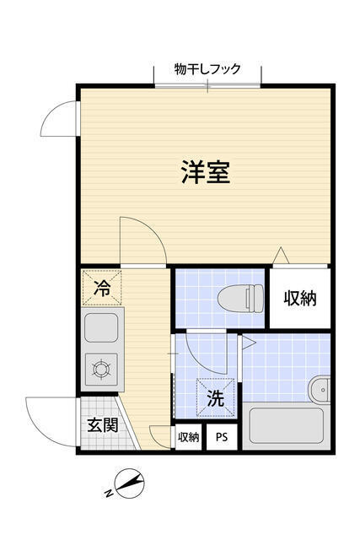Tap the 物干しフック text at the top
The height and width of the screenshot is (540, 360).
click(207, 69)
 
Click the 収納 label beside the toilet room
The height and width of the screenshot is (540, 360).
click(299, 298)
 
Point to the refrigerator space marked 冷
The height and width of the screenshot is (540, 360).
click(103, 288)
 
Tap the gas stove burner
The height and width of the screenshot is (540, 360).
click(102, 369)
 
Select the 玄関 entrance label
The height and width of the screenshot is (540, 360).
click(101, 424)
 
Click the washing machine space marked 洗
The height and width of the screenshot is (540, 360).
click(216, 397)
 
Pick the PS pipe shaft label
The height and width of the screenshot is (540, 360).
click(222, 437)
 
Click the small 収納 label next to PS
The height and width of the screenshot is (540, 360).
click(189, 437)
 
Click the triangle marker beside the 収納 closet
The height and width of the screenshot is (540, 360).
click(282, 255)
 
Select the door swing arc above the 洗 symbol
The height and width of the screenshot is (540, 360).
click(203, 354)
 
